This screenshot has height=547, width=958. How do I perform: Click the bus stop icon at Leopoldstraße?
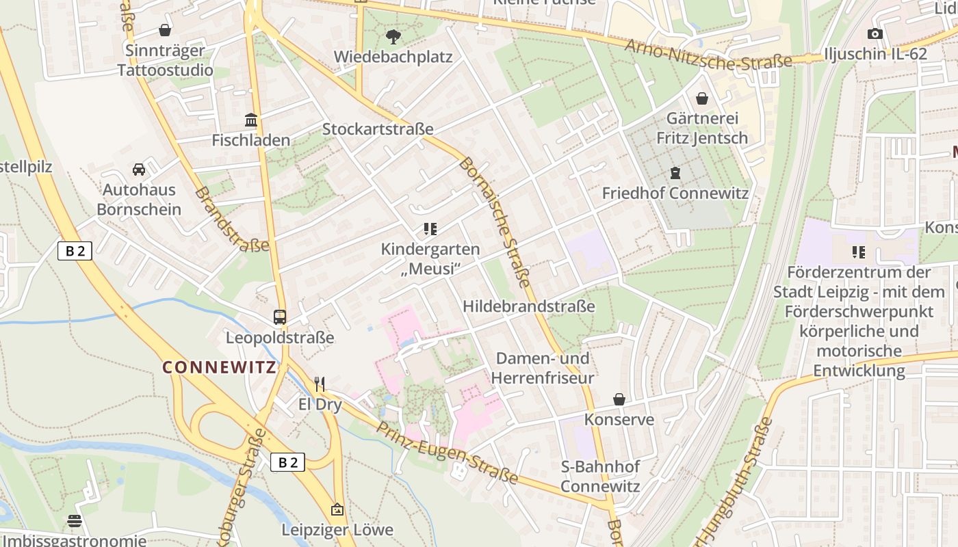[280, 317]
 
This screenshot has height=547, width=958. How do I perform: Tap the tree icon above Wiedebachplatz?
[393, 36]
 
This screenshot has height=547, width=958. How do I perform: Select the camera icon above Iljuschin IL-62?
[875, 34]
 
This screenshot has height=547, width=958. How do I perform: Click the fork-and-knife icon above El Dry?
[319, 384]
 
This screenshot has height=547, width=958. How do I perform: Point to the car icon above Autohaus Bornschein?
[139, 169]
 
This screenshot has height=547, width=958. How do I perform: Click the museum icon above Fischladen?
[251, 120]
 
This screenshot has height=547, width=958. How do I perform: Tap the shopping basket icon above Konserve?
[619, 399]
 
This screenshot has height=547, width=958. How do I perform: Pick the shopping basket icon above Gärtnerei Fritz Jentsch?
[702, 98]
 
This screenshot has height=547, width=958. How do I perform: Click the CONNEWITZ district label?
[219, 367]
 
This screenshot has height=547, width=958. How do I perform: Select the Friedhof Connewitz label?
[675, 193]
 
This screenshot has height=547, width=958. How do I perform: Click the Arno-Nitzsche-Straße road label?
[708, 54]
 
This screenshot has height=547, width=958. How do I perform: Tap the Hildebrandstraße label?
[529, 306]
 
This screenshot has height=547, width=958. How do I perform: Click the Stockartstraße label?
[378, 129]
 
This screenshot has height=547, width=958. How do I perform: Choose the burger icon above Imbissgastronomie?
[75, 521]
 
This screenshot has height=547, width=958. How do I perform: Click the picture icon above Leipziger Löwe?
[337, 509]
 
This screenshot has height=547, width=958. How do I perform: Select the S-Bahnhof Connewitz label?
[600, 477]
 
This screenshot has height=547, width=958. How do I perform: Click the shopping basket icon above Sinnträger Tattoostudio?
[165, 30]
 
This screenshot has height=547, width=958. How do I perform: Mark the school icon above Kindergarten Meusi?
[430, 229]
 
